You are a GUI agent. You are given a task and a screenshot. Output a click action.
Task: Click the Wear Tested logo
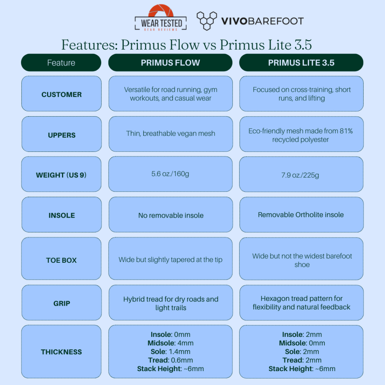pyautogui.click(x=161, y=18)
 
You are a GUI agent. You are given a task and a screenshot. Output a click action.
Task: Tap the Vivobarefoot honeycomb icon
pyautogui.click(x=207, y=21)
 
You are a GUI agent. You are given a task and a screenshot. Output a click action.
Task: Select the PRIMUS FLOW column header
pyautogui.click(x=170, y=63)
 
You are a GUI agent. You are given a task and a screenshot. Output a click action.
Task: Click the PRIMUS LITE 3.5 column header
pyautogui.click(x=301, y=63)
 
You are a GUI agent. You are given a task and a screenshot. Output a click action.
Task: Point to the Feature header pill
pyautogui.click(x=61, y=63)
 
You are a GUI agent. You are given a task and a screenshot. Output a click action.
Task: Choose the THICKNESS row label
pyautogui.click(x=61, y=352)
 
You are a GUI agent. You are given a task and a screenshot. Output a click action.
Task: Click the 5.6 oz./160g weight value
pyautogui.click(x=170, y=174)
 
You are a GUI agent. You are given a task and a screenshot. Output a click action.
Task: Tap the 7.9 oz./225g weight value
pyautogui.click(x=300, y=175)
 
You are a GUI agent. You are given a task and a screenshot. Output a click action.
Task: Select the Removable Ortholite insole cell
pyautogui.click(x=301, y=215)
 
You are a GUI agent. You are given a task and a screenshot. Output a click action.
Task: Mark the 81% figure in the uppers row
pyautogui.click(x=346, y=131)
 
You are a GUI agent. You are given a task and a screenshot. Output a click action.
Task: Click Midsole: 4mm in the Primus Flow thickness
pyautogui.click(x=170, y=343)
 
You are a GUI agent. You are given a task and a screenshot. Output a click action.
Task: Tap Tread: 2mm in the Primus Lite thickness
pyautogui.click(x=302, y=360)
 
